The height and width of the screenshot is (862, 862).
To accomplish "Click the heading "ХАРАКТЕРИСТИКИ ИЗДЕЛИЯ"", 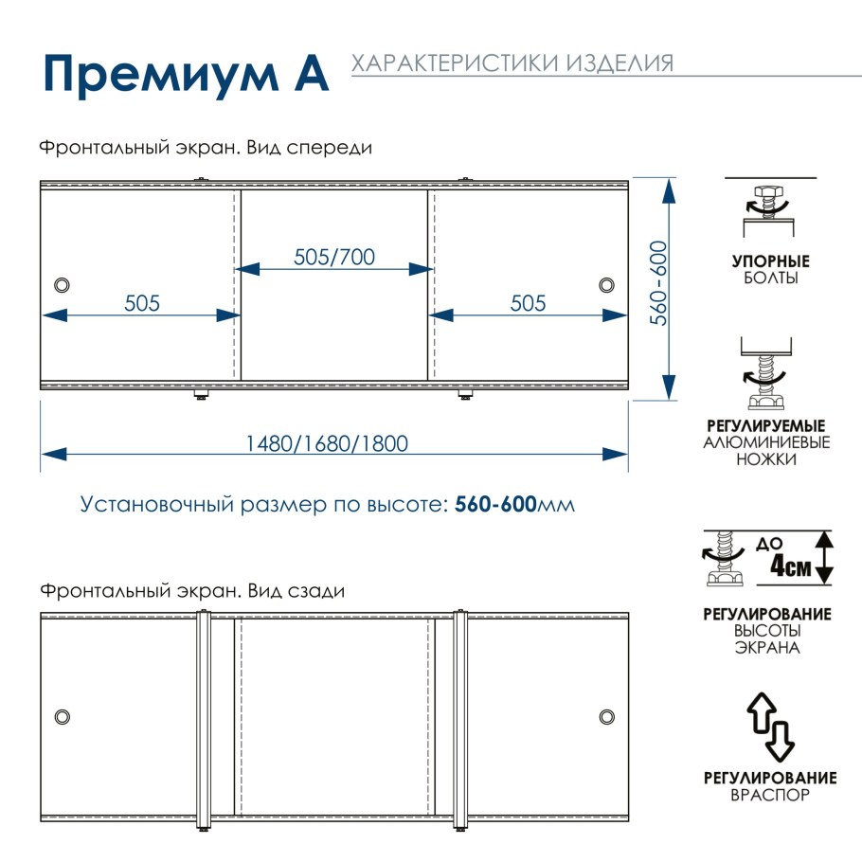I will (x=512, y=63).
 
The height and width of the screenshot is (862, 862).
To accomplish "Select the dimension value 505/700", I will (x=334, y=257).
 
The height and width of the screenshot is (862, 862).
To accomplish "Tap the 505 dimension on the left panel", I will (x=142, y=303).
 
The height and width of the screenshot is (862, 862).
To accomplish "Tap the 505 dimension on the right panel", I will (x=528, y=303).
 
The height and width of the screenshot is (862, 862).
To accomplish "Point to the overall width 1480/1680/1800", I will (x=327, y=443).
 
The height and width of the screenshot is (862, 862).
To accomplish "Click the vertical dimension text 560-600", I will (x=659, y=284).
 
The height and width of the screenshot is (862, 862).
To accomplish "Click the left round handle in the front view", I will (x=63, y=284).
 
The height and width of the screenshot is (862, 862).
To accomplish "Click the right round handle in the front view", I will (x=606, y=284).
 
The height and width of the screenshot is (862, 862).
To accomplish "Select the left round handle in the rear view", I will (x=63, y=715).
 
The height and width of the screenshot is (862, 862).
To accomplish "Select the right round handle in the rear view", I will (x=606, y=715).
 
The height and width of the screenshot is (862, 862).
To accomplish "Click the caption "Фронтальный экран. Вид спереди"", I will (x=206, y=149).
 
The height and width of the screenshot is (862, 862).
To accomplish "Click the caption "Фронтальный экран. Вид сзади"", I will (x=192, y=590).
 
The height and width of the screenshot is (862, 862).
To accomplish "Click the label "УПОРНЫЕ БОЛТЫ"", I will (x=770, y=270).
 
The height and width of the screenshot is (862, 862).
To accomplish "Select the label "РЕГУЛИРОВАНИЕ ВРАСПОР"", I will (x=770, y=786).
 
